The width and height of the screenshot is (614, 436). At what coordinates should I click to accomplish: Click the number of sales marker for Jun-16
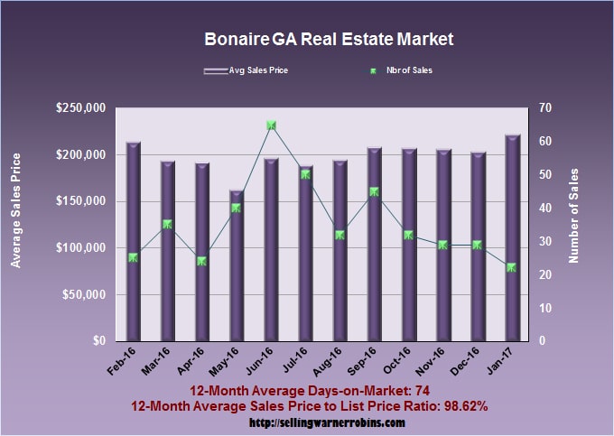(x=271, y=125)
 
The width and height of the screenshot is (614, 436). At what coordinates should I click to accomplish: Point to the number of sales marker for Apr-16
(x=202, y=261)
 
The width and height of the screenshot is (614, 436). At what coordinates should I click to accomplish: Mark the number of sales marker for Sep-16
(x=374, y=191)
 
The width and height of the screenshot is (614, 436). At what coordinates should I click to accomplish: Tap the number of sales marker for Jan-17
(x=511, y=267)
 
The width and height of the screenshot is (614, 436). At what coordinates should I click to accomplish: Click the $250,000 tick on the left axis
(x=81, y=108)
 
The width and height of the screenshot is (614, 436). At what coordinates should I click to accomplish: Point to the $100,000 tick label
(x=81, y=248)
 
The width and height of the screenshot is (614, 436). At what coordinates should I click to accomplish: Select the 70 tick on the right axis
(x=547, y=108)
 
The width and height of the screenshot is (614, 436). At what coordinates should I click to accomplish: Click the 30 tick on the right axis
(x=547, y=242)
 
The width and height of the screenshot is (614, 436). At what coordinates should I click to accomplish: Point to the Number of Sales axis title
(x=573, y=215)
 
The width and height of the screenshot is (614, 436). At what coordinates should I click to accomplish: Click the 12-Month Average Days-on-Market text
(x=308, y=391)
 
